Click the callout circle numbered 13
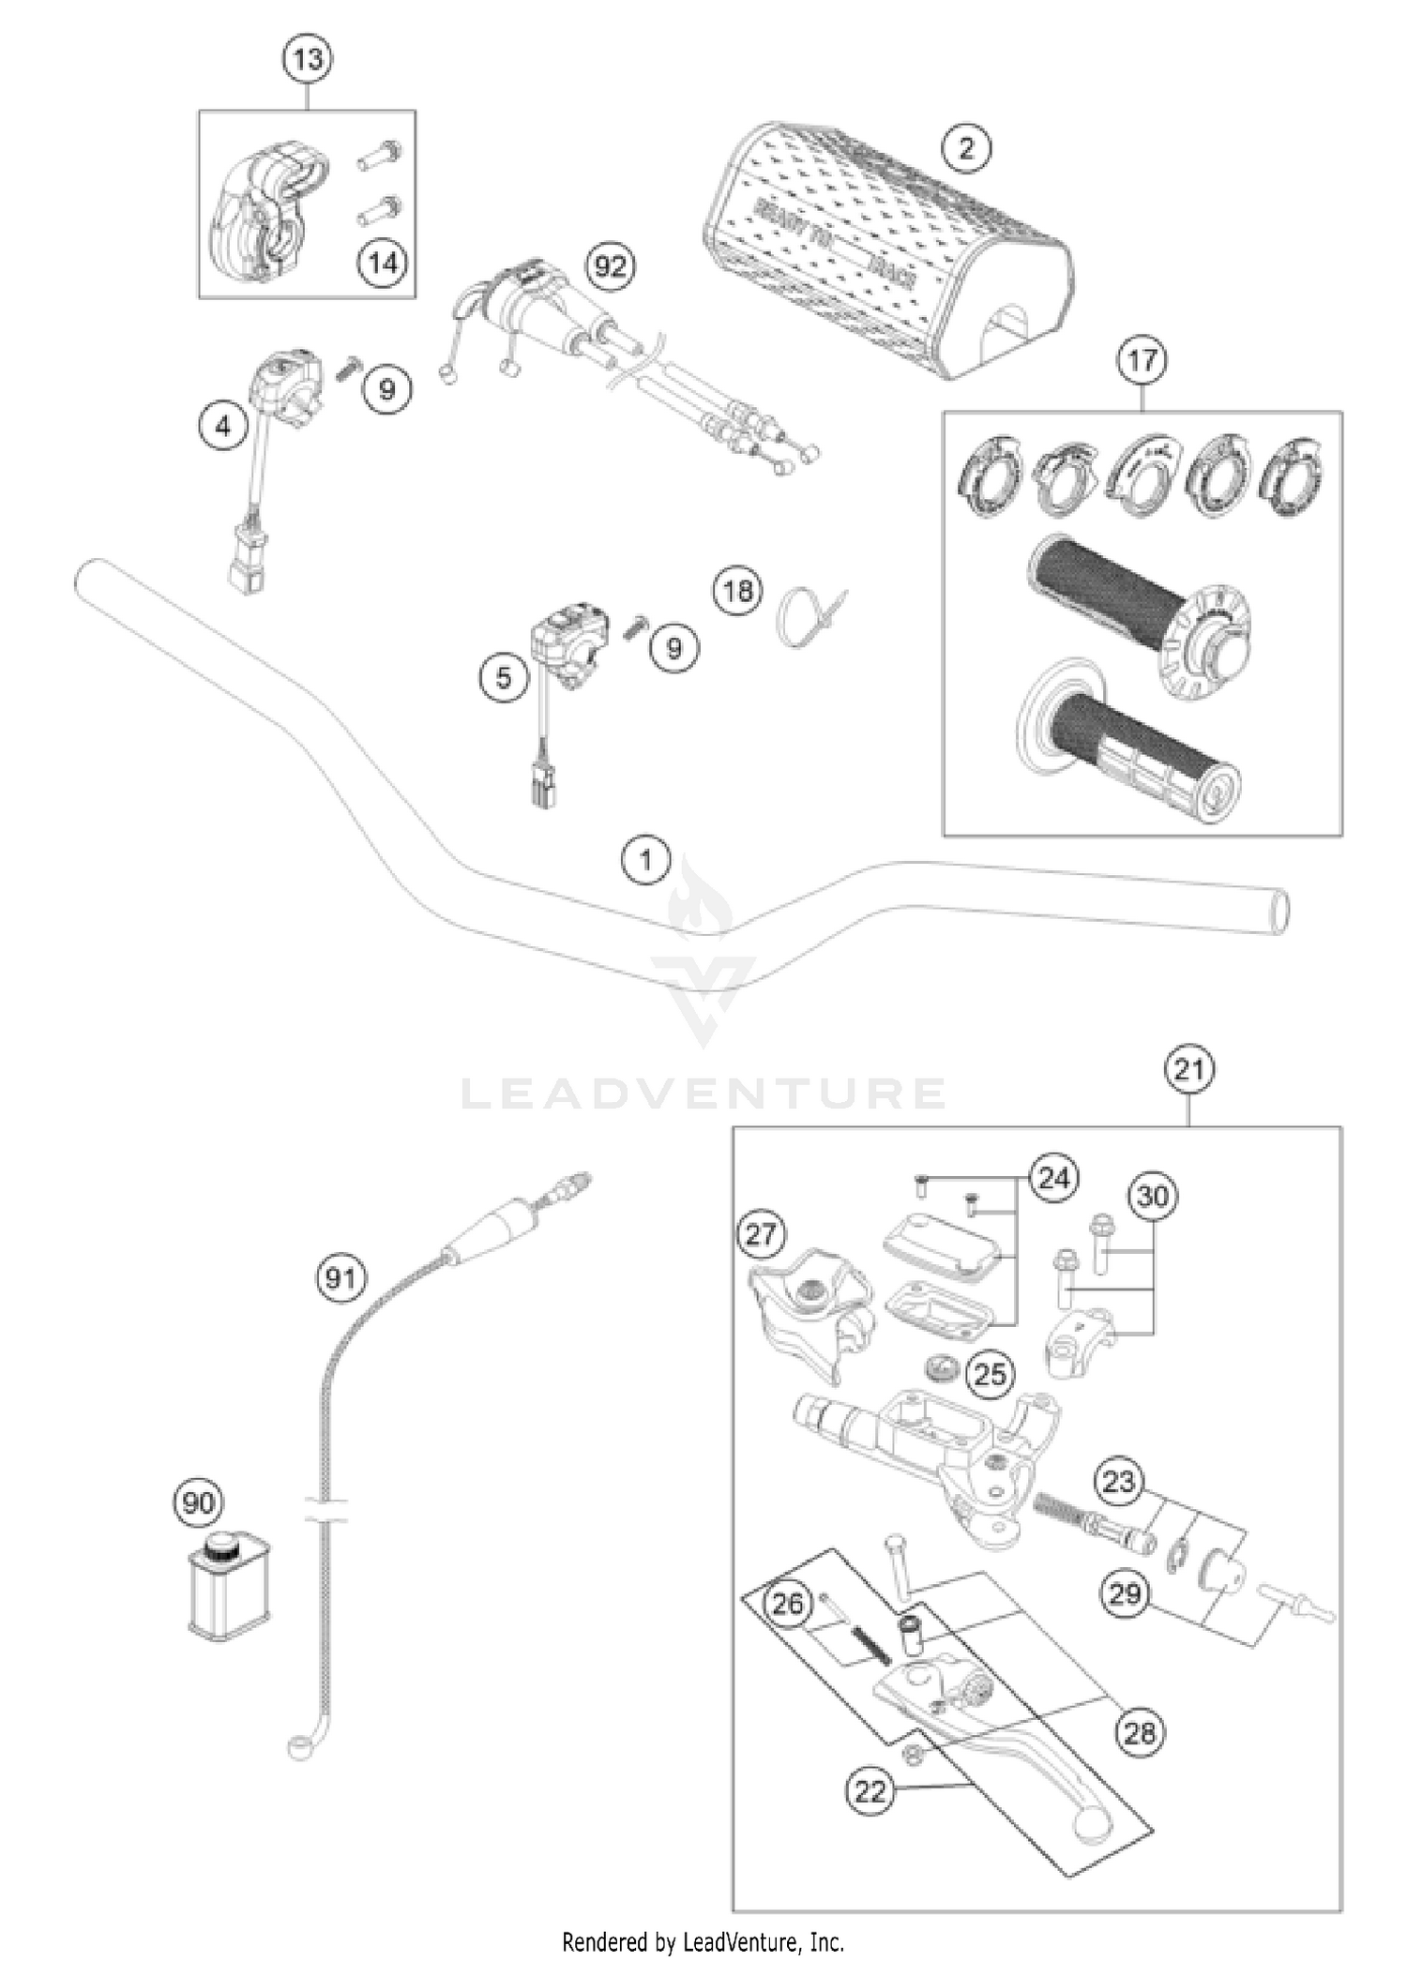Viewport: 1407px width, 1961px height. (x=308, y=59)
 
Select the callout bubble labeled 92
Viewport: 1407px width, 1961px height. (x=610, y=267)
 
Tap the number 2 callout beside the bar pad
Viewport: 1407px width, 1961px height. (x=967, y=147)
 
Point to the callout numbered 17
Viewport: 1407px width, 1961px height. (x=1142, y=361)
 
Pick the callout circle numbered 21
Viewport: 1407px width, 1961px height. (x=1188, y=1069)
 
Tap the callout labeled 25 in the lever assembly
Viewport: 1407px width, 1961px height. (x=991, y=1375)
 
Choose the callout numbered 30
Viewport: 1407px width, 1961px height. (x=1153, y=1197)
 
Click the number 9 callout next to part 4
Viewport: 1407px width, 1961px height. (x=387, y=388)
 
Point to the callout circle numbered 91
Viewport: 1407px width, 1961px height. (x=340, y=1277)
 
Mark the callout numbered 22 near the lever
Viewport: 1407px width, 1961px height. (x=870, y=1792)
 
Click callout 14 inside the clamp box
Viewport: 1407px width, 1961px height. (x=382, y=264)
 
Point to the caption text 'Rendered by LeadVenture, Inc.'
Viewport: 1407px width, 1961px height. (x=703, y=1940)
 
